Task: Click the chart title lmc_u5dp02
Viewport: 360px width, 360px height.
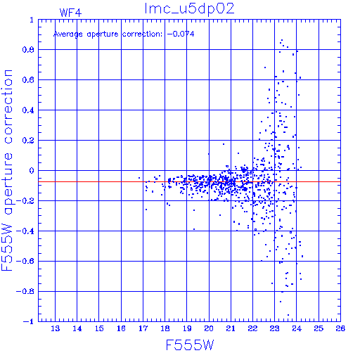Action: tap(189, 9)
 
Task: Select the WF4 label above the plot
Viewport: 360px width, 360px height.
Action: tap(70, 13)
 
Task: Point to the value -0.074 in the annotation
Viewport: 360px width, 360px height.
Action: tap(181, 34)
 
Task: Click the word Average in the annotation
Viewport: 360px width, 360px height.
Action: tap(68, 34)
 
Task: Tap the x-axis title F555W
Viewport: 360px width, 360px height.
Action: tap(190, 345)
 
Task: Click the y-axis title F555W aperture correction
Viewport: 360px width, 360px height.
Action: tap(7, 170)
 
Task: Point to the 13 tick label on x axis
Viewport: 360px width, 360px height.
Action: tap(56, 328)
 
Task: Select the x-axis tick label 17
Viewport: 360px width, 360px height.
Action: tap(143, 328)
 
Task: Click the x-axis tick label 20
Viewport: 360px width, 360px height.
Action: tap(209, 328)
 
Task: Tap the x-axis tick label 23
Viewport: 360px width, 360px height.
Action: tap(275, 328)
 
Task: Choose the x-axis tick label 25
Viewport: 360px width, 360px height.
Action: tap(319, 328)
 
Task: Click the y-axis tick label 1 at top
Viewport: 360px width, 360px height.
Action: tap(32, 20)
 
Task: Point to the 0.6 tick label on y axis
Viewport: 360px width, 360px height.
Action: tap(28, 80)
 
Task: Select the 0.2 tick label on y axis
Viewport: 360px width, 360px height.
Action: tap(28, 141)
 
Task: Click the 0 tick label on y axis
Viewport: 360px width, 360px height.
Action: tap(32, 171)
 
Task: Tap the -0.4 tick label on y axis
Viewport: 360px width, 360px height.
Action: tap(25, 231)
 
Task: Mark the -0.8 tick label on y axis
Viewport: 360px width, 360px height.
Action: tap(25, 292)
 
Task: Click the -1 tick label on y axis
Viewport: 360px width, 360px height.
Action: tap(28, 321)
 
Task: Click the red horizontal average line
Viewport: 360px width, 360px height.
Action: tap(189, 181)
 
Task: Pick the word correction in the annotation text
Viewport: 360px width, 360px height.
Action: tap(142, 34)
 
